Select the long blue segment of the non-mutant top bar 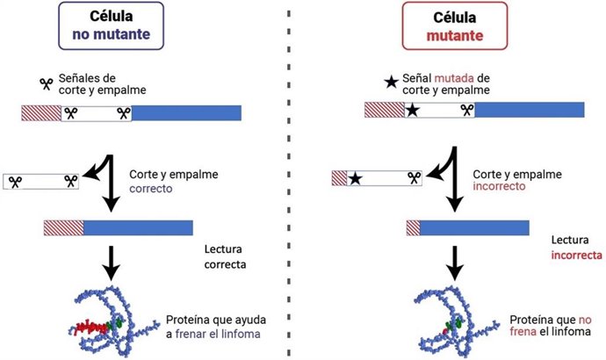(x=186, y=112)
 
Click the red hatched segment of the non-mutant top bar (x=40, y=112)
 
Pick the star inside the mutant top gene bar (x=412, y=111)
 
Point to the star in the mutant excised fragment (x=355, y=178)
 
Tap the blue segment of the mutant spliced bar (x=474, y=227)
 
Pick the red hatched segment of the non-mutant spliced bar (x=63, y=227)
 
